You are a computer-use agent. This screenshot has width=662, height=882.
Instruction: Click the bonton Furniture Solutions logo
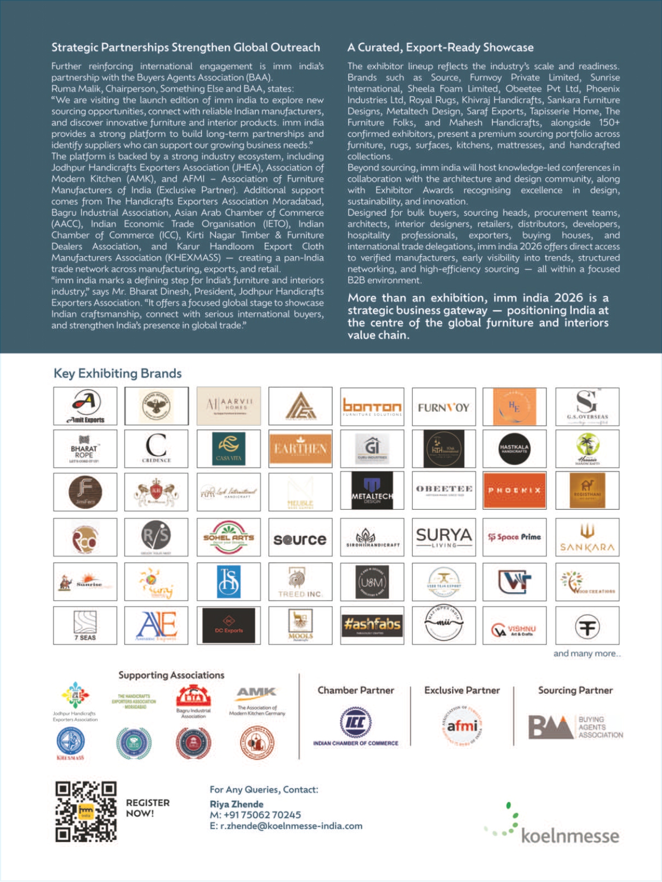[372, 407]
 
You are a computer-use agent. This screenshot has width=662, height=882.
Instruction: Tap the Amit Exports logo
[85, 406]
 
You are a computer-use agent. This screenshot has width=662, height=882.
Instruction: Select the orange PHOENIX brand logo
[514, 491]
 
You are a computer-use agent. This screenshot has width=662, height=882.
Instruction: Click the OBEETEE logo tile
[444, 491]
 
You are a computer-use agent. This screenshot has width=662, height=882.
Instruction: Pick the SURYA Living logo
[444, 537]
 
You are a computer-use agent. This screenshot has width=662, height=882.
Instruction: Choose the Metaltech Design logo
[372, 491]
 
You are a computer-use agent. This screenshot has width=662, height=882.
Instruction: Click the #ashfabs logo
[372, 625]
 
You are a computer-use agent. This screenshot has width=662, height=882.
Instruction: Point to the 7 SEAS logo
[85, 625]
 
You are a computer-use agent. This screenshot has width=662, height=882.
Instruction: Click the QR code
[86, 811]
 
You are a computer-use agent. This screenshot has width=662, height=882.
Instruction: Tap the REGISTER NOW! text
[148, 808]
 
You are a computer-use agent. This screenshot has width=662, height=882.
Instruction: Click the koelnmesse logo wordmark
[569, 836]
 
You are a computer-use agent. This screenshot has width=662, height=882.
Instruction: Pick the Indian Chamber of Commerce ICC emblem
[356, 723]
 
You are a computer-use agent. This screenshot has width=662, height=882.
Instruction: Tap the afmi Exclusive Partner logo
[462, 726]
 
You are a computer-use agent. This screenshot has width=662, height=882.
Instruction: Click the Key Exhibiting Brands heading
[118, 373]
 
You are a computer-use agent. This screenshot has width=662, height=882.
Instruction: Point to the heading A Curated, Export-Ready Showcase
[440, 47]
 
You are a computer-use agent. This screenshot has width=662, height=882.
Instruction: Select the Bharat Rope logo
[85, 449]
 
